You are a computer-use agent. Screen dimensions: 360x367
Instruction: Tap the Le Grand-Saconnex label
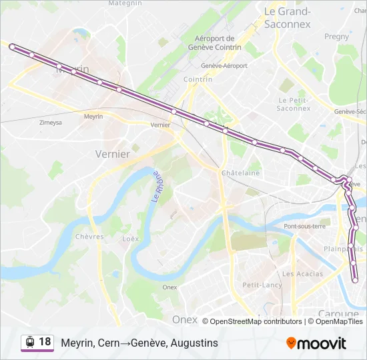point(288,17)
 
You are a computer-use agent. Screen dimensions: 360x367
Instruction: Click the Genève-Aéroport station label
point(224,65)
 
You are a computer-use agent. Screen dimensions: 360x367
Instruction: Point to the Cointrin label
point(198,79)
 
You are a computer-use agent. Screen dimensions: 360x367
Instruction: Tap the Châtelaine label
point(240,173)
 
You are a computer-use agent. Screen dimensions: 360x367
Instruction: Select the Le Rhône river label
point(156,193)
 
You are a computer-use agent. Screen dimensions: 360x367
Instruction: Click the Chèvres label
point(89,237)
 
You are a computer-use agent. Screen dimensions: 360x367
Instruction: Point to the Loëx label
point(131,238)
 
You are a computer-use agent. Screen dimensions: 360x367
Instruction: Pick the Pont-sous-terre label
point(304,226)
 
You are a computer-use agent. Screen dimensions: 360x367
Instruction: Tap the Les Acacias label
point(302,274)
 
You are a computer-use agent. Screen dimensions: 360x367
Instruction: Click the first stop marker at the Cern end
point(12,46)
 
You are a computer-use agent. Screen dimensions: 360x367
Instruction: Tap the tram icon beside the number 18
point(29,342)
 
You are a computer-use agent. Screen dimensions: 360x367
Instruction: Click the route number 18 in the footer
point(45,342)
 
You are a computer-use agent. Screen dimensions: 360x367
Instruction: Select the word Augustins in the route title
point(194,343)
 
